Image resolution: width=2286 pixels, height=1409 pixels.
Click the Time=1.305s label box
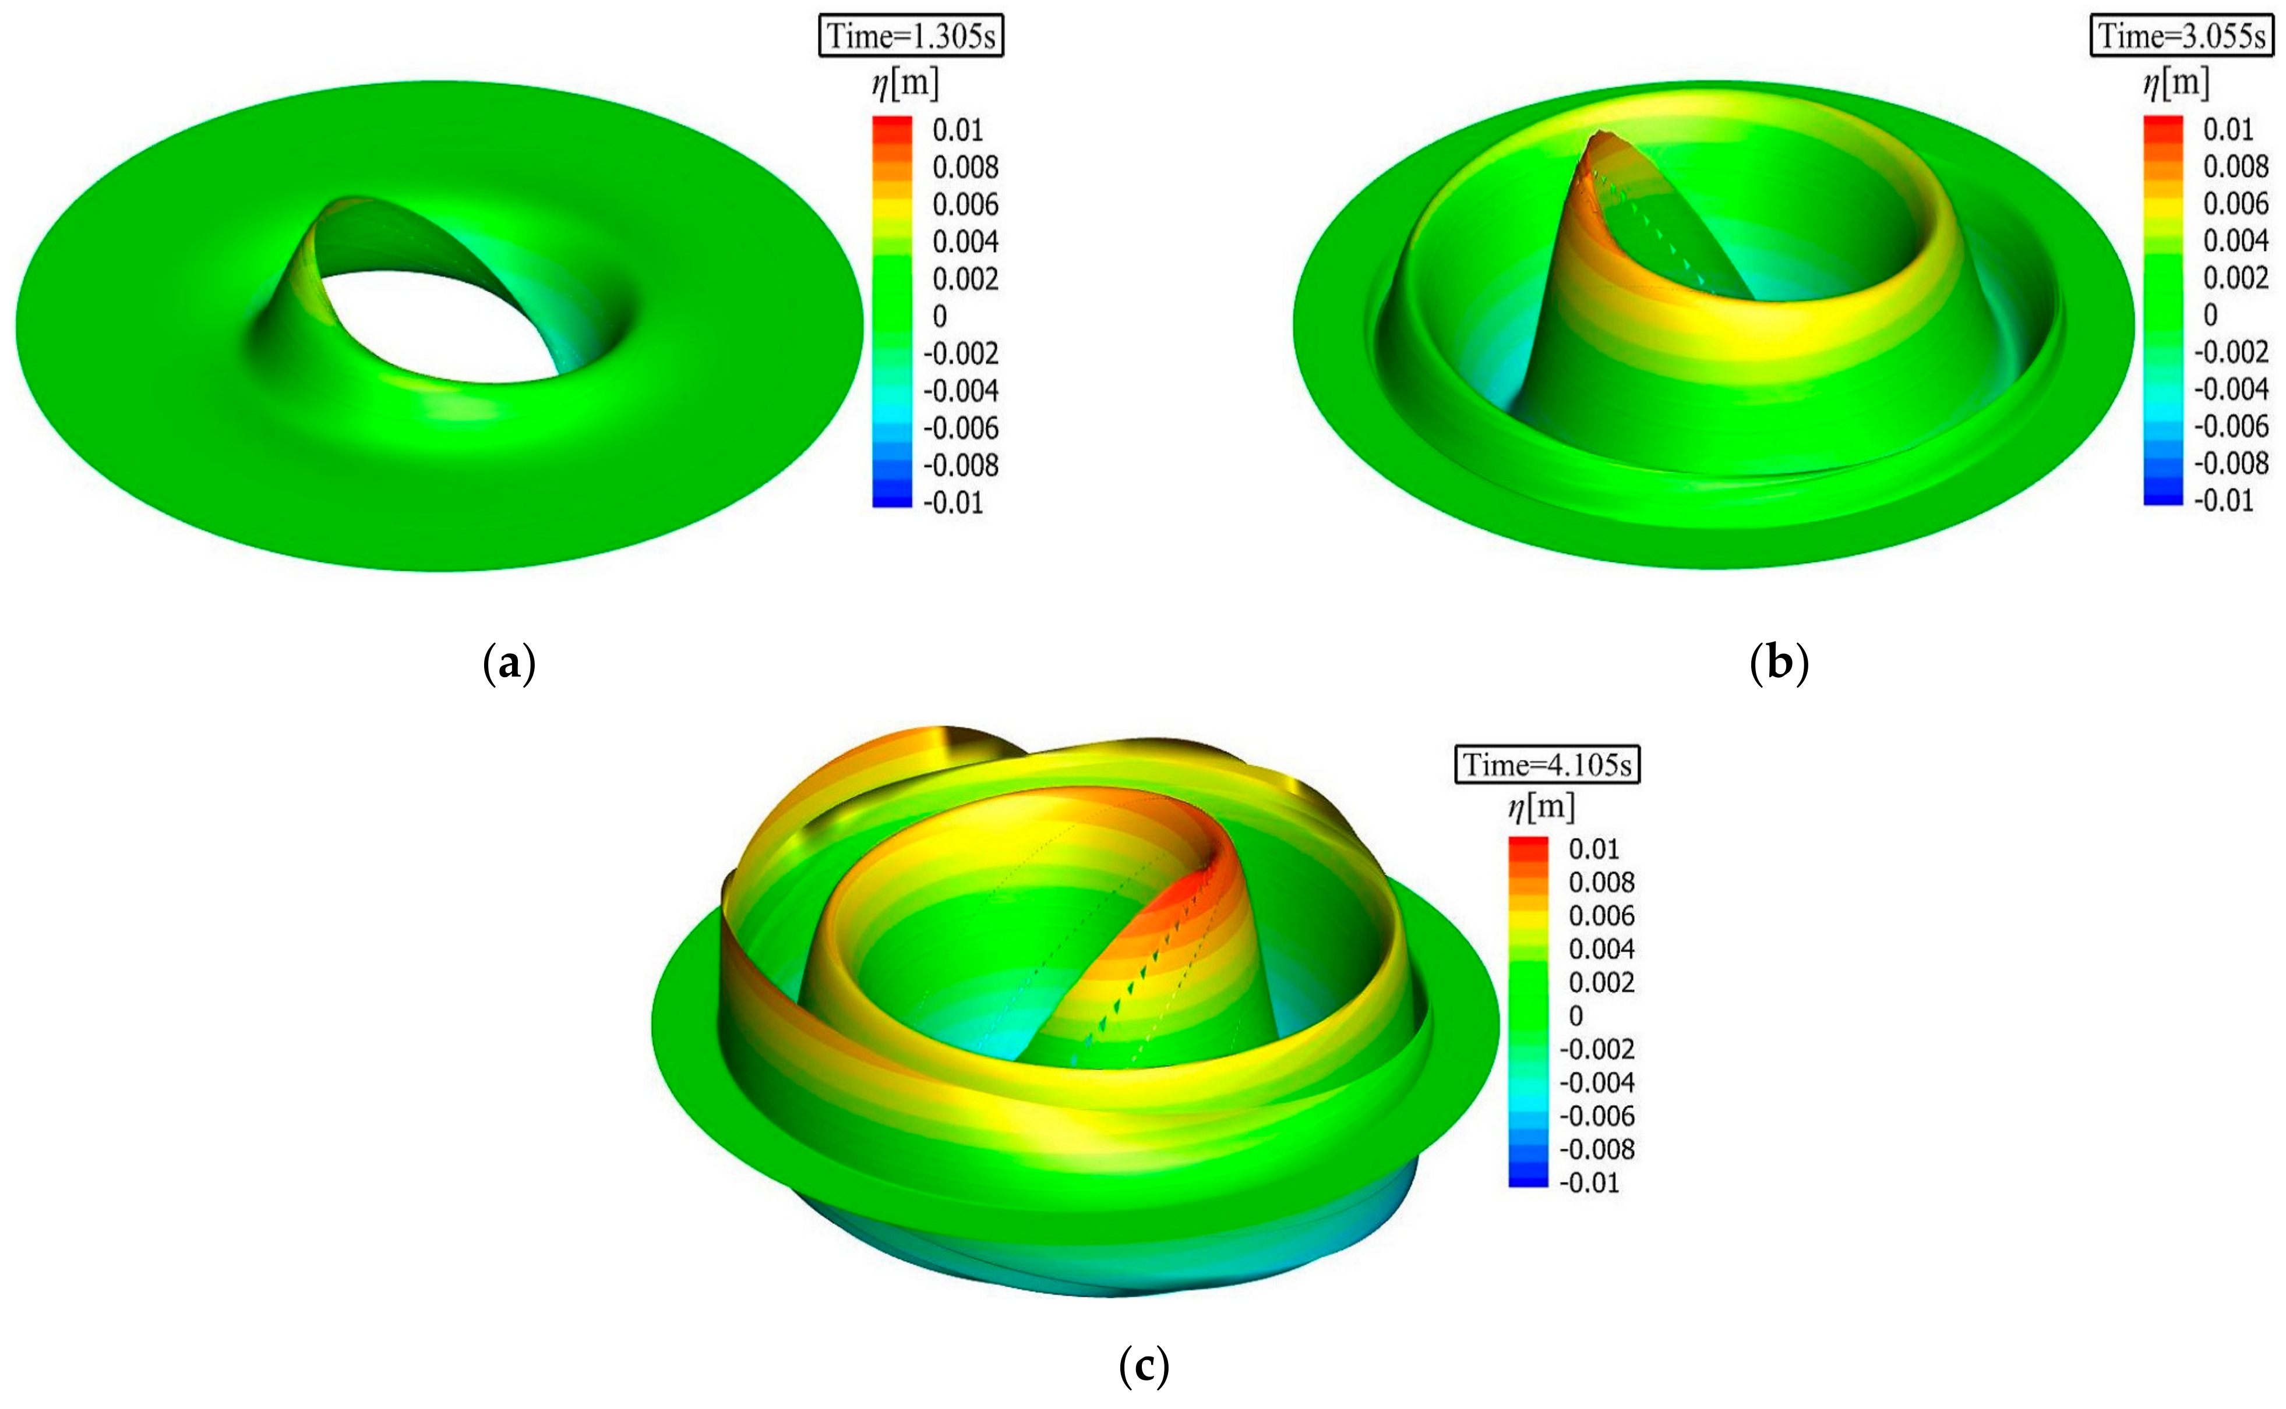911,36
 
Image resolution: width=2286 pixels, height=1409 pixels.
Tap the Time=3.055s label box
2182,36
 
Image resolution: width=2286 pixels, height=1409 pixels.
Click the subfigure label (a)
509,664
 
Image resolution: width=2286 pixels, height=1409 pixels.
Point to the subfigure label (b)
1779,664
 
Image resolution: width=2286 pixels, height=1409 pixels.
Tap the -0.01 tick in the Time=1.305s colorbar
953,503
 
